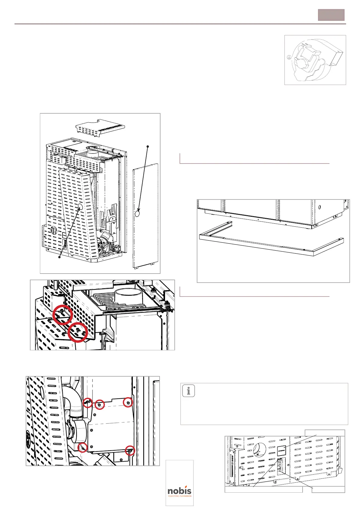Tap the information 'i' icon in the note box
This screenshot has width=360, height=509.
pyautogui.click(x=189, y=391)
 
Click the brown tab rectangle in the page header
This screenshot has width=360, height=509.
pyautogui.click(x=331, y=15)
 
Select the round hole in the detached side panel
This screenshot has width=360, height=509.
pyautogui.click(x=138, y=213)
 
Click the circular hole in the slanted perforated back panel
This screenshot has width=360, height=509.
pyautogui.click(x=80, y=207)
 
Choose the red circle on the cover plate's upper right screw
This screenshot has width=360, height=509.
pyautogui.click(x=128, y=402)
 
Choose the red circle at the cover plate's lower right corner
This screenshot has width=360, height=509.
pyautogui.click(x=130, y=450)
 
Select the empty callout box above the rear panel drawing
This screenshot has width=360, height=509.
pyautogui.click(x=325, y=433)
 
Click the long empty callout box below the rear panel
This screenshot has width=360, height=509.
pyautogui.click(x=263, y=489)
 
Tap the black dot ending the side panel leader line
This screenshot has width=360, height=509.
pyautogui.click(x=148, y=147)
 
